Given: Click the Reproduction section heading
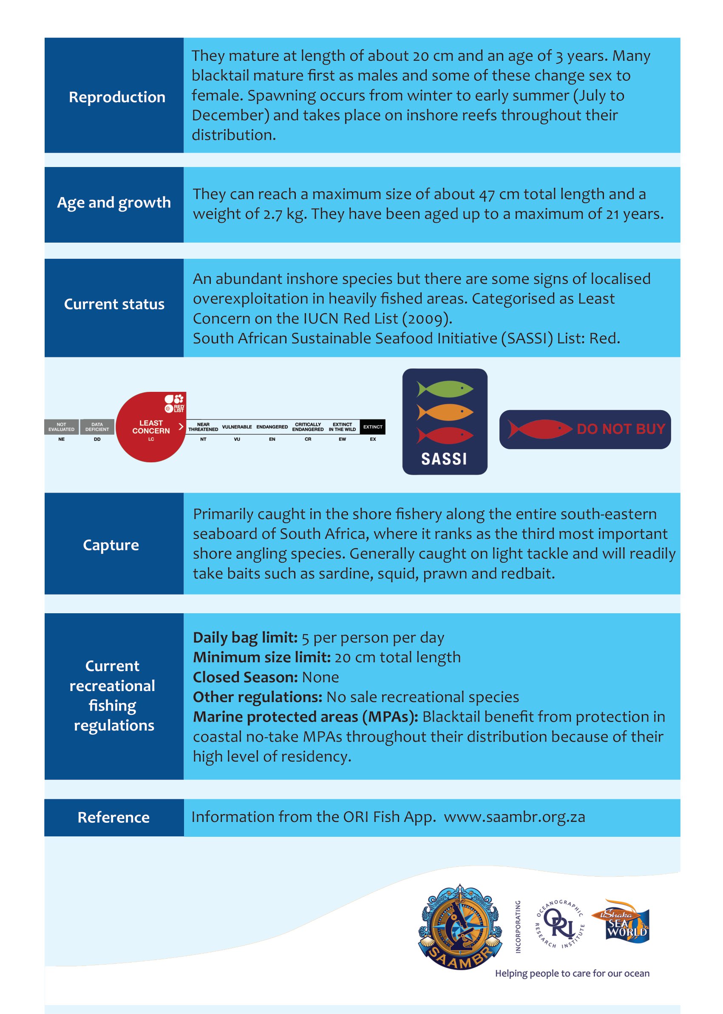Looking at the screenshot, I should (116, 97).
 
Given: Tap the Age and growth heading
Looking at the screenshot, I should (114, 203).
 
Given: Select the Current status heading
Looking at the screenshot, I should (114, 304).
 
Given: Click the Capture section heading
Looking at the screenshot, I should (111, 545).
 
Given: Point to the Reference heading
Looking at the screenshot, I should (113, 817).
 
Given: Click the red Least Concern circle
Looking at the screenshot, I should (151, 428).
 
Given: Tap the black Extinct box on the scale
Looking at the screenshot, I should (373, 427).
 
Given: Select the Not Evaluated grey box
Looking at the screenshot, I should (62, 427).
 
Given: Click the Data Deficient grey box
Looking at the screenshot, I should (97, 427).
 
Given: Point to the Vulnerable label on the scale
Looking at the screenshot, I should (237, 427).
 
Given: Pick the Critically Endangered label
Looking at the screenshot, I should (308, 427).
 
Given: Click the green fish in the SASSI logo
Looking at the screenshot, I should (445, 388).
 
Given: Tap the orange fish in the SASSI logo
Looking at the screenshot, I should (445, 412).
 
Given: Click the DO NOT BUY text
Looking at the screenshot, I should (621, 429).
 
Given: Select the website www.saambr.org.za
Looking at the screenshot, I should (514, 817).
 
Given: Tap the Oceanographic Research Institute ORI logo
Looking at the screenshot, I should (560, 923).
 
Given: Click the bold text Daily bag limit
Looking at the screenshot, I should (245, 637).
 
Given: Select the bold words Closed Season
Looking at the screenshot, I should (245, 677).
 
